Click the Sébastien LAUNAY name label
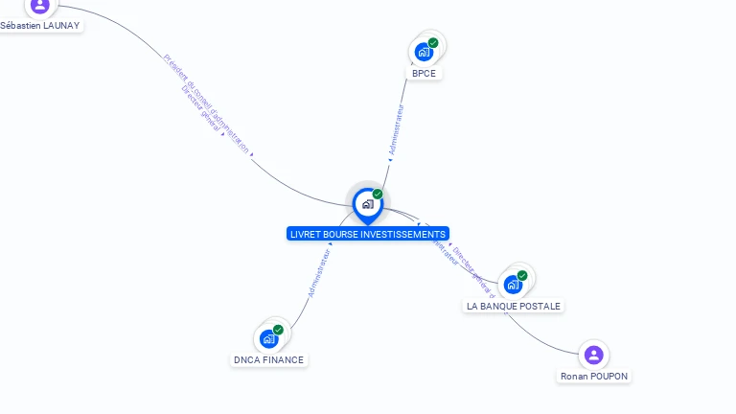[39, 25]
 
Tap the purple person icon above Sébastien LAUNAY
[39, 6]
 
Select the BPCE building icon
[423, 52]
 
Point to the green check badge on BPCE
[433, 43]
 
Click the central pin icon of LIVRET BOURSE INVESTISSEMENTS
[367, 204]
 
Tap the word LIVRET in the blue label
[306, 234]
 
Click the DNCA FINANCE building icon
[268, 338]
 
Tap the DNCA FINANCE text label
[268, 360]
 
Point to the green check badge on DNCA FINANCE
[278, 330]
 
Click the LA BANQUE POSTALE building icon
[513, 285]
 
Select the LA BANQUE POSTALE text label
[514, 306]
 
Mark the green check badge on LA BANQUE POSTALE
[522, 275]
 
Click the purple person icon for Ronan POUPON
[593, 356]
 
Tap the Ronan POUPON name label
[594, 377]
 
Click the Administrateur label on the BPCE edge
[397, 130]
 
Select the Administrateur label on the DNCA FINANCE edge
[319, 272]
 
